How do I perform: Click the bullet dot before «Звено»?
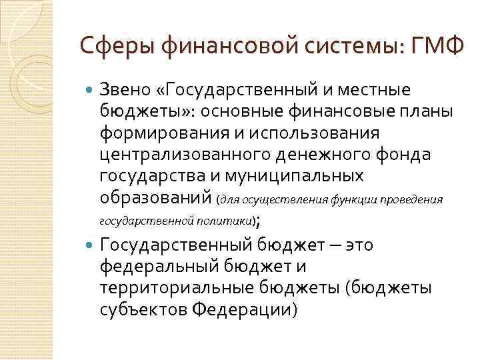90,89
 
